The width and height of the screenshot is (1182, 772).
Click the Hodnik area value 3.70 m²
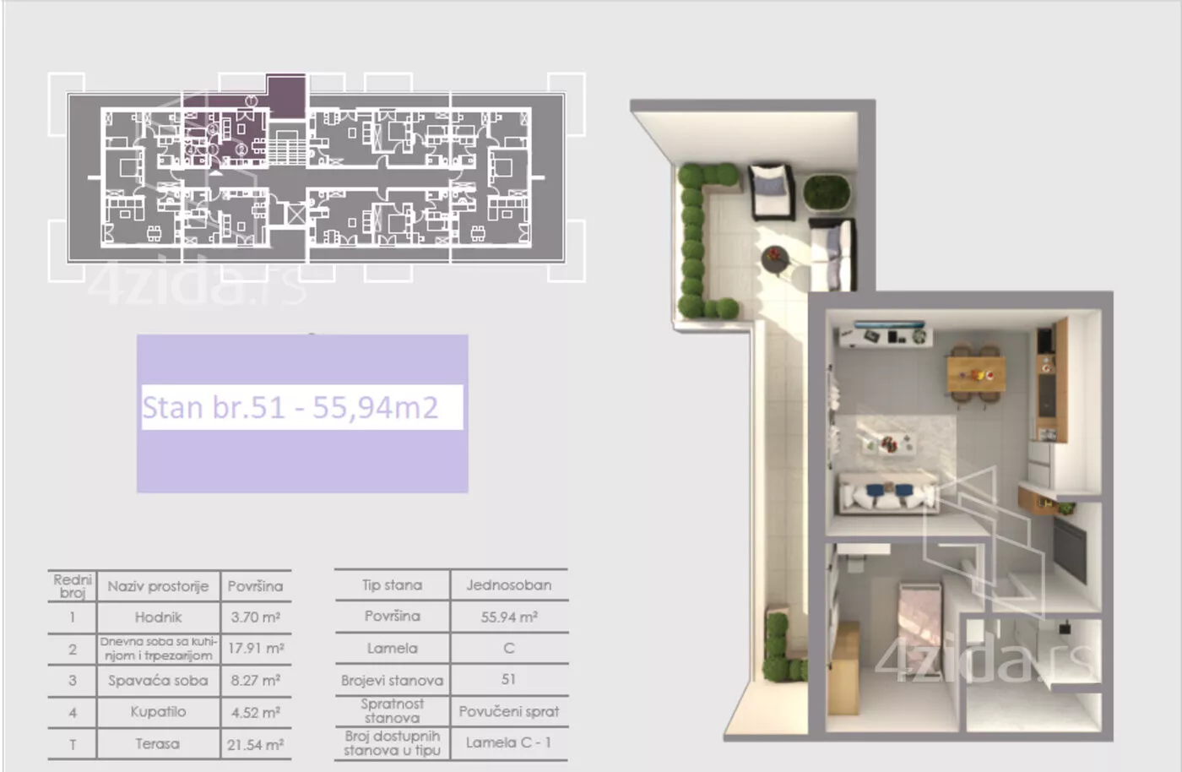(255, 617)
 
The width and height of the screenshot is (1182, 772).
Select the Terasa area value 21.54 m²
(255, 744)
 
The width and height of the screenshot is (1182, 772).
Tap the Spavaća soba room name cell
(158, 680)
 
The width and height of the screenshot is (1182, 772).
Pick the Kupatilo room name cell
(158, 712)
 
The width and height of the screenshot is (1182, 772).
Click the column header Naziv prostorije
(158, 586)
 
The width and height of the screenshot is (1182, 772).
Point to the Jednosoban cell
(508, 585)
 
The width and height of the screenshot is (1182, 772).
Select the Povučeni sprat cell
(508, 712)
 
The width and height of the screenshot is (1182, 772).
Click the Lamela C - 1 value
(508, 743)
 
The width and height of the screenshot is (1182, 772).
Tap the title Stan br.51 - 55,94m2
(290, 408)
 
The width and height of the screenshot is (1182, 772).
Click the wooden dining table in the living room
(976, 374)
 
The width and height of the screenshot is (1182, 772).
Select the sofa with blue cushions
(887, 493)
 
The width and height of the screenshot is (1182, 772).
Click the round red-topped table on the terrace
(775, 260)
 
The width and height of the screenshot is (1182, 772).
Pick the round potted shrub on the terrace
(827, 193)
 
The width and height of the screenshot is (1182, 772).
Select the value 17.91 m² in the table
(256, 649)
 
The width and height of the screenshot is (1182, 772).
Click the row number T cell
(73, 744)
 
